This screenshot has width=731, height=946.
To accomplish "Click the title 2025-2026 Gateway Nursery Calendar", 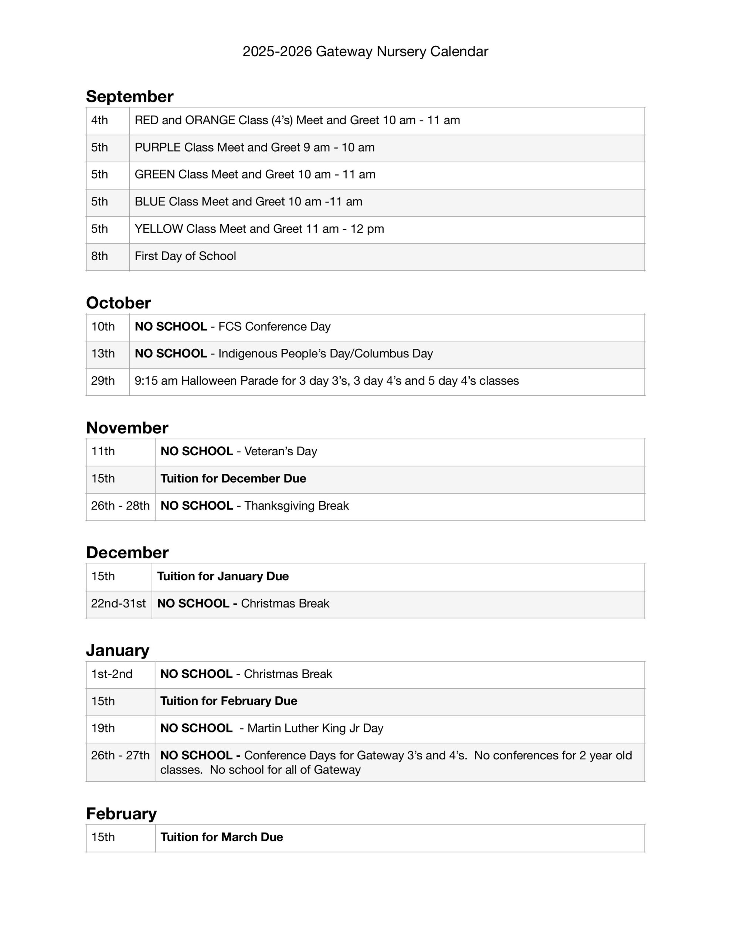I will point(365,51).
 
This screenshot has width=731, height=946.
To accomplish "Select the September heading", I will point(130,96).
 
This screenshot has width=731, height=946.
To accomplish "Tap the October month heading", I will point(118,303).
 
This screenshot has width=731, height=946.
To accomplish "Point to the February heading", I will point(121,813).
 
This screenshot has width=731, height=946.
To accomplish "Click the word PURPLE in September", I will point(158,147).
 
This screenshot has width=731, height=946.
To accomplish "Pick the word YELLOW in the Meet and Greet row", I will point(159,229).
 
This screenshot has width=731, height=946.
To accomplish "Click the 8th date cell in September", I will point(100,256).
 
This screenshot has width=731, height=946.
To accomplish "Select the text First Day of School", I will point(185,256).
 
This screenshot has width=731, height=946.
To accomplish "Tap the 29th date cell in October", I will point(103,381).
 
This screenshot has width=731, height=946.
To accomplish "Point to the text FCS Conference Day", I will point(274,327).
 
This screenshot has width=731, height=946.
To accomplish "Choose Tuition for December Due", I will point(233,479).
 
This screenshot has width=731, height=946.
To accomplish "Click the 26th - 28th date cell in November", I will point(120,506).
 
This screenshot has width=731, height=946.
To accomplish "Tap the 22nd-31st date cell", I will point(118,603).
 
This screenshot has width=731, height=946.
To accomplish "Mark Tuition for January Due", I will point(223,576).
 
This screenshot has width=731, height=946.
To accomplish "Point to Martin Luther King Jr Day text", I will point(315,728).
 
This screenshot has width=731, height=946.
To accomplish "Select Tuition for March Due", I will point(221,837).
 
